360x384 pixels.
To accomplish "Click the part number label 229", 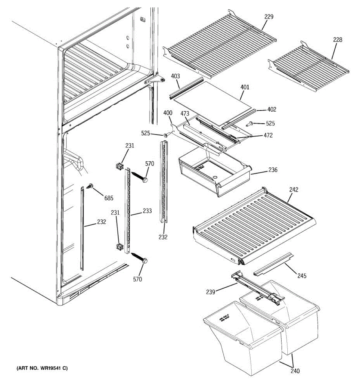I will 269,17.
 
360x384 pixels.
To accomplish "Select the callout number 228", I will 337,40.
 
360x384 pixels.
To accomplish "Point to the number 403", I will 175,76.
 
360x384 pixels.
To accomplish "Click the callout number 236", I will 273,170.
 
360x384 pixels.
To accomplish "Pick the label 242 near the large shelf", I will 293,189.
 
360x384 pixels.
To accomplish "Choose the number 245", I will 301,275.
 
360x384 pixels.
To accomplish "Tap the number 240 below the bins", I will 295,371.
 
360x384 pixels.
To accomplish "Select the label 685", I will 109,198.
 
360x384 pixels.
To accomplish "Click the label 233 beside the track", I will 147,211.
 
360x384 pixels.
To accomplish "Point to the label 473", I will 185,114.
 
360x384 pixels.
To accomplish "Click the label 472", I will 268,135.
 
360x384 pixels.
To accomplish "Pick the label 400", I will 167,113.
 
